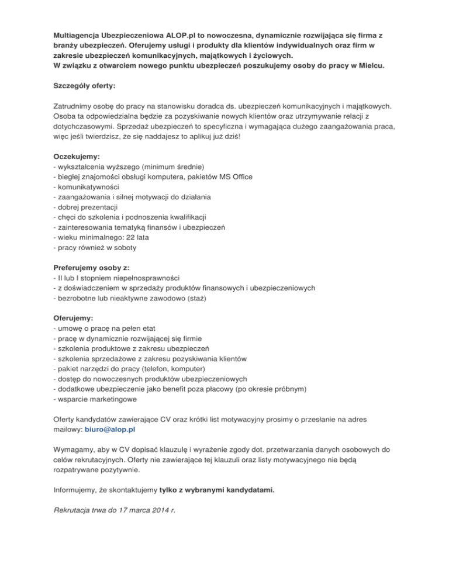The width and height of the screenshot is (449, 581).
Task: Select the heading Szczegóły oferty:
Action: [84, 86]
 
